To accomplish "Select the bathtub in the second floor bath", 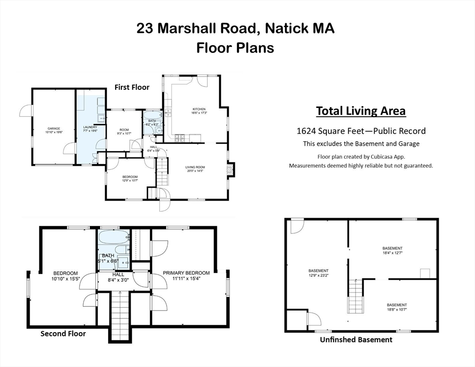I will [114, 237].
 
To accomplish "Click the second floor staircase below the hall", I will [120, 315].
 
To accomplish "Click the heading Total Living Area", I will [361, 111].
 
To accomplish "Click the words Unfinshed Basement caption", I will [356, 340].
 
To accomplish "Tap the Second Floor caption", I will [63, 334].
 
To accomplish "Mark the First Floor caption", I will [131, 87].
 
